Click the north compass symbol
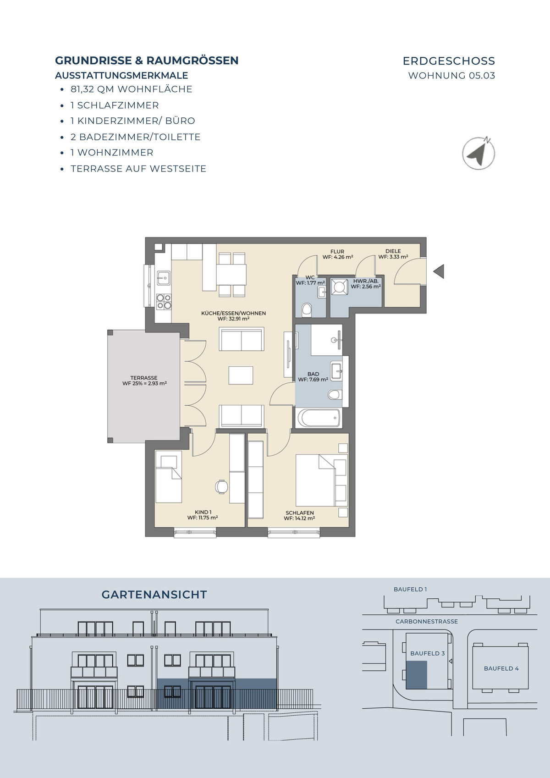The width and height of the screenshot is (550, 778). click(478, 153)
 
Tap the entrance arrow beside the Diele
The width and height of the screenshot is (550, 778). click(439, 271)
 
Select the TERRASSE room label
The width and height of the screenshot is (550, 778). click(144, 377)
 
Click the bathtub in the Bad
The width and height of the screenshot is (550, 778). click(318, 418)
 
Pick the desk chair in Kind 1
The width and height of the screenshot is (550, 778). click(221, 486)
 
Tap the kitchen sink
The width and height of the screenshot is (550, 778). click(163, 278)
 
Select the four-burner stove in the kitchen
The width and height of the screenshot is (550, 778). click(164, 302)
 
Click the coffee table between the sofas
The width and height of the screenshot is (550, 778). click(241, 375)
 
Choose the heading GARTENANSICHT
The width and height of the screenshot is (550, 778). click(154, 595)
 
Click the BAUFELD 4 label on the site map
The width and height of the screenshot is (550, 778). click(501, 668)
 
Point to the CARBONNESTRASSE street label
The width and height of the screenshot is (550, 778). click(427, 621)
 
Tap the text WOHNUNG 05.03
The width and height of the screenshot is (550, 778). click(452, 75)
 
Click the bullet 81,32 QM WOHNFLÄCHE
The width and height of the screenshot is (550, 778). click(131, 89)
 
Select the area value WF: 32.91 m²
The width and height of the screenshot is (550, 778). click(233, 319)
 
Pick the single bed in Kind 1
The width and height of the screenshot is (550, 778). click(168, 476)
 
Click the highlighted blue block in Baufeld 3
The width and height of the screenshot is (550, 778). click(416, 675)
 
